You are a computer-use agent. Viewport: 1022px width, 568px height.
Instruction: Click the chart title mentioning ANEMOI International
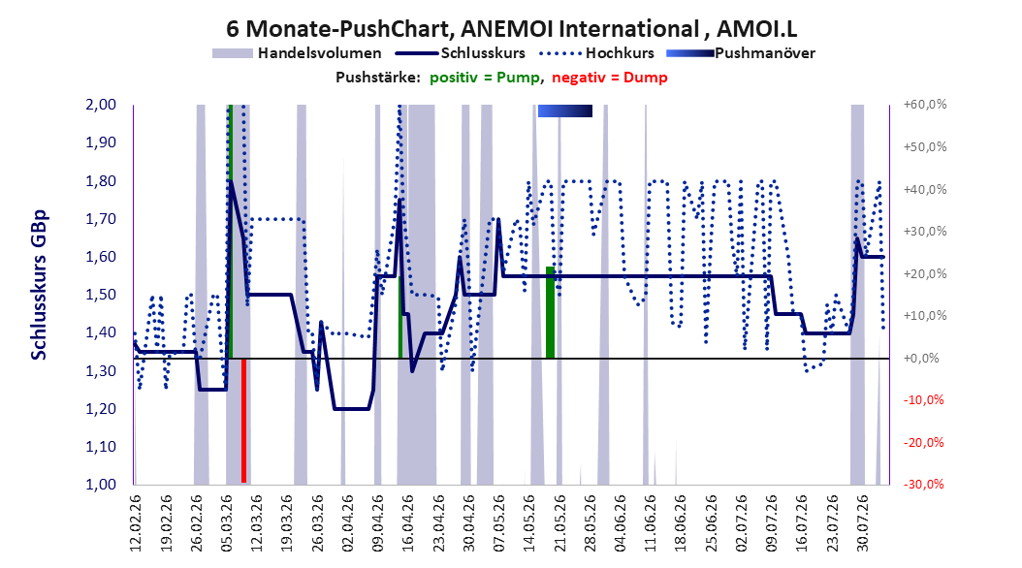pos(511,29)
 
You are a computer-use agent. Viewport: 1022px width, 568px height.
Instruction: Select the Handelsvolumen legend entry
pos(298,53)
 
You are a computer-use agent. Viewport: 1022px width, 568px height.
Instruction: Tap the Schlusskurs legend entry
pos(461,53)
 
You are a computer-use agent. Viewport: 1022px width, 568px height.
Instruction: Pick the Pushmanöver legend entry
pos(741,53)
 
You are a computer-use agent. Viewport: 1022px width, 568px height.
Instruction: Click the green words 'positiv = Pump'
pos(485,78)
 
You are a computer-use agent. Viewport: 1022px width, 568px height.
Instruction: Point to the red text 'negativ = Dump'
pos(610,78)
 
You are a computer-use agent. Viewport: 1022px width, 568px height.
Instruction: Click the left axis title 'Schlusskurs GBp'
pos(39,285)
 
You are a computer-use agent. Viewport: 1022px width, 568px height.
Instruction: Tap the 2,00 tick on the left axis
pos(101,105)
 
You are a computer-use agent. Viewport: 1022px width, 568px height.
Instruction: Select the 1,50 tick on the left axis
pos(101,295)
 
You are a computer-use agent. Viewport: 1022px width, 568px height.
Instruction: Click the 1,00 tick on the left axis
pos(101,485)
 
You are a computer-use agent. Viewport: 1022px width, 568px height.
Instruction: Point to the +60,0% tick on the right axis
pos(925,105)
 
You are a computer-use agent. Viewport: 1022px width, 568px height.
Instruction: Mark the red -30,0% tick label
pos(923,485)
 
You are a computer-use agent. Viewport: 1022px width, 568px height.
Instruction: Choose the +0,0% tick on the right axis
pos(921,359)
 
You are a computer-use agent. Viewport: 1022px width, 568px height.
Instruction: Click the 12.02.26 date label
pos(136,523)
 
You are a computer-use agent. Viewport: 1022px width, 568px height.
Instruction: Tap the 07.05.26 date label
pos(499,523)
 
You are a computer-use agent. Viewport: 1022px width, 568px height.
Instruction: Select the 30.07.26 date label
pos(863,523)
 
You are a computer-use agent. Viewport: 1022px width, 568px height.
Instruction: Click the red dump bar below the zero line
pos(243,421)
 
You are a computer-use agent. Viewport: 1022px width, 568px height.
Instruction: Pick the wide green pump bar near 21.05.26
pos(550,313)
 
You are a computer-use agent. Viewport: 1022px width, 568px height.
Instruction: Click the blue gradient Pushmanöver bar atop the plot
pos(565,111)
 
